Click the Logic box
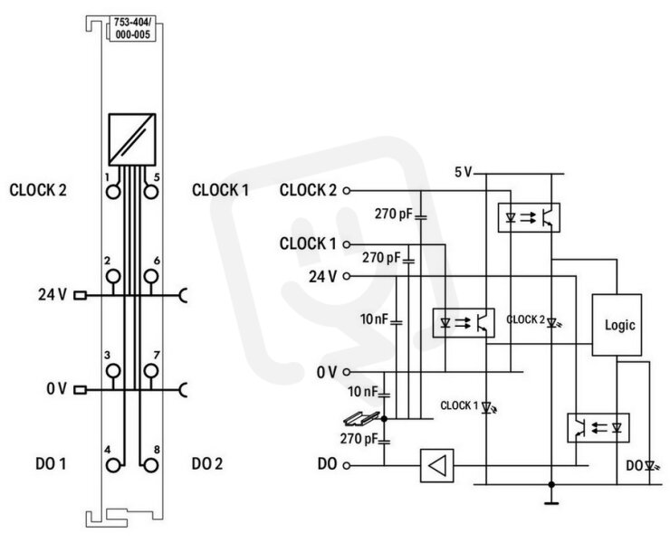617,325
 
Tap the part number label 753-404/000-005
132,28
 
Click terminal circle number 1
113,192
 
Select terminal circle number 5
151,192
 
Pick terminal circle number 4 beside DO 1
113,465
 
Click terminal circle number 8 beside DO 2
151,465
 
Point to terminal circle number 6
151,276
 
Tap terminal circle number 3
113,371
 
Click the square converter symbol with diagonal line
132,139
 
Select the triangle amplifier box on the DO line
436,466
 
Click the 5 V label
463,172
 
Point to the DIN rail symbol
361,418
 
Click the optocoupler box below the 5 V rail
529,218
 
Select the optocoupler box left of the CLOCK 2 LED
464,323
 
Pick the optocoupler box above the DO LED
598,428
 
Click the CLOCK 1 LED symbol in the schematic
487,407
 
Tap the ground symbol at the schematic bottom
551,498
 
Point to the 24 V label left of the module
53,294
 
